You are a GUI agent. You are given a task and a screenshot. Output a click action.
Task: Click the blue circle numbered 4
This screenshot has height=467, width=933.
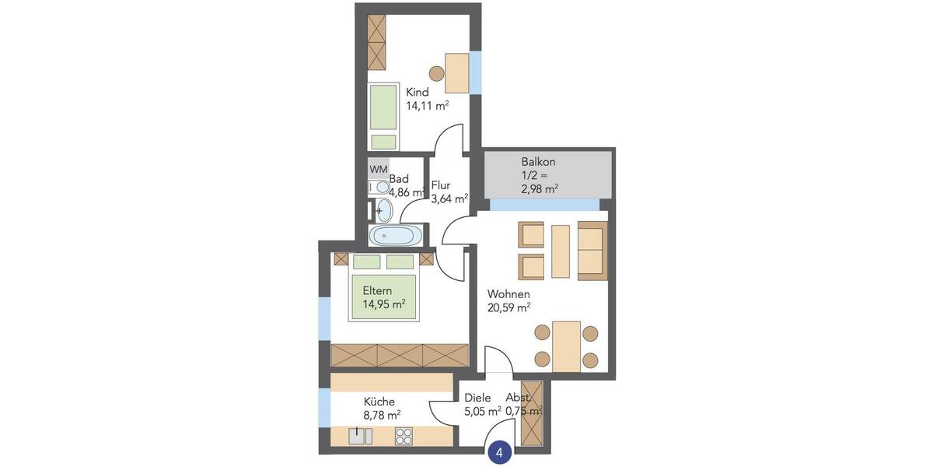point(500,451)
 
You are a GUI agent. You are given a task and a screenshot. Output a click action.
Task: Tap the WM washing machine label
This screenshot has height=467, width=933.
point(378,169)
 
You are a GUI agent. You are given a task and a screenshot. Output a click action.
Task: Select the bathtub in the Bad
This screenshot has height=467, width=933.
point(397,236)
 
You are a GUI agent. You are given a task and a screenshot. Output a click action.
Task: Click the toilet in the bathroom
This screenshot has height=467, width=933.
point(379,188)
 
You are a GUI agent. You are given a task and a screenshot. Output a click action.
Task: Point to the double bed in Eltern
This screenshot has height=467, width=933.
point(383,288)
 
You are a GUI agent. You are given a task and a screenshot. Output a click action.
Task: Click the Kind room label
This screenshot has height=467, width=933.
point(418,93)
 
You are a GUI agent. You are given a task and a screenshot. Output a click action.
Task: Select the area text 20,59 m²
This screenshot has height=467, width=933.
point(508,307)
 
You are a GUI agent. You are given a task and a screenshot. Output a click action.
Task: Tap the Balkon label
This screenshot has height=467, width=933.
point(539,162)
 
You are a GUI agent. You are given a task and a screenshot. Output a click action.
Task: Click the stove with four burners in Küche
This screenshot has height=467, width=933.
point(404,437)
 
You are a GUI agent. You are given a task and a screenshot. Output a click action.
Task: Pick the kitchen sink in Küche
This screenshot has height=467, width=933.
point(358,437)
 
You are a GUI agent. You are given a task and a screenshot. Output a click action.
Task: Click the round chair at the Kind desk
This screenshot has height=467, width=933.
point(436,74)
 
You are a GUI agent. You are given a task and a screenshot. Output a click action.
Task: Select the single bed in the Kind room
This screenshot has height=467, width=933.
point(383,117)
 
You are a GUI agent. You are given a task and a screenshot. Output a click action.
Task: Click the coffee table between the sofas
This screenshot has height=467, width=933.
point(561,251)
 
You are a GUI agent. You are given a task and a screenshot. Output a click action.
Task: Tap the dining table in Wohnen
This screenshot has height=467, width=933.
point(566,346)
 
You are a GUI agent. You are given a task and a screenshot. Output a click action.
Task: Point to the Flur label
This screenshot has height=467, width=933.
point(441,185)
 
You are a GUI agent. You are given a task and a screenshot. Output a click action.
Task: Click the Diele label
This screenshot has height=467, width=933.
point(477,397)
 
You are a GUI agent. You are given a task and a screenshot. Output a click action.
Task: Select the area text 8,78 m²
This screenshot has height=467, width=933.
point(382,416)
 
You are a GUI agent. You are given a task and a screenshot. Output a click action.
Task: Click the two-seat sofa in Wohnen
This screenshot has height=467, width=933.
point(592,250)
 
